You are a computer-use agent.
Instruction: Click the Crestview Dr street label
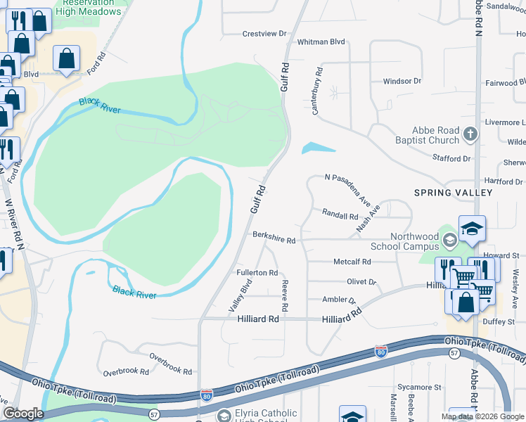[x=265, y=33]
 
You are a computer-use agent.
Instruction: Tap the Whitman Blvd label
[x=322, y=41]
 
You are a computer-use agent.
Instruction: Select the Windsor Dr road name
[x=402, y=81]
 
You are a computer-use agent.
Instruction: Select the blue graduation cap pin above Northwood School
[x=472, y=229]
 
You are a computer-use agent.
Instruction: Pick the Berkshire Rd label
[x=274, y=239]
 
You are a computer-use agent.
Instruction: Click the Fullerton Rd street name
[x=257, y=272]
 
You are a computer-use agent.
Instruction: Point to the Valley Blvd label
[x=240, y=296]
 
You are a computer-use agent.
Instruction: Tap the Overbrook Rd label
[x=126, y=371]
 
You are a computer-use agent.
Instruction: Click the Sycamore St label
[x=418, y=387]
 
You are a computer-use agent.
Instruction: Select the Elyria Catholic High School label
[x=261, y=417]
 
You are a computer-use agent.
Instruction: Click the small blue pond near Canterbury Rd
[x=319, y=148]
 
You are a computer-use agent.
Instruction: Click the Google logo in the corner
[x=23, y=414]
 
